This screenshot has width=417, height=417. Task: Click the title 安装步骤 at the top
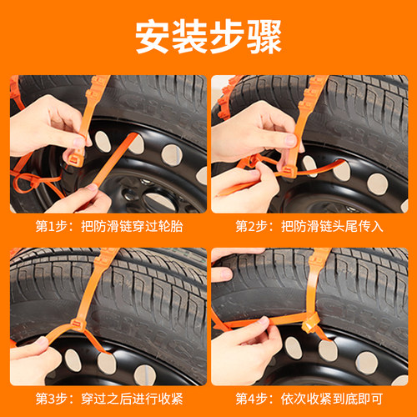tap(208, 37)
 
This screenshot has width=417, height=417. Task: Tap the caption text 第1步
tap(52, 227)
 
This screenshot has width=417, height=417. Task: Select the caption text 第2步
tap(252, 227)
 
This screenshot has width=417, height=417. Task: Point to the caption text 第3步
tap(52, 399)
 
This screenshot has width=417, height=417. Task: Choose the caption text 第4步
tap(252, 399)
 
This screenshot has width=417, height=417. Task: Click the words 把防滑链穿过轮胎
tap(132, 227)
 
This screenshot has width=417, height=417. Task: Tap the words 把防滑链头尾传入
tap(332, 227)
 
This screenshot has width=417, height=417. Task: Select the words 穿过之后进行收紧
tap(132, 399)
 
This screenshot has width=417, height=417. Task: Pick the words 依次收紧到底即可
tap(332, 399)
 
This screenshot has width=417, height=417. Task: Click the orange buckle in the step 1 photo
tap(76, 160)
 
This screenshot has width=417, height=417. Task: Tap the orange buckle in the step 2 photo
tap(289, 173)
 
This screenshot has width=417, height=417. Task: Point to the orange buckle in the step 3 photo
tap(78, 324)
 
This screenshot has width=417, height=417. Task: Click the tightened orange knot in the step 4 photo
tap(310, 323)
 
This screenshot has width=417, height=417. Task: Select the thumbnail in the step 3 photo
tap(42, 341)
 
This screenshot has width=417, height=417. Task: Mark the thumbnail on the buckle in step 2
tap(291, 140)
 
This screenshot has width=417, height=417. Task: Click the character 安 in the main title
tap(153, 37)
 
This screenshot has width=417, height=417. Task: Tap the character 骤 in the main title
tap(264, 37)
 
